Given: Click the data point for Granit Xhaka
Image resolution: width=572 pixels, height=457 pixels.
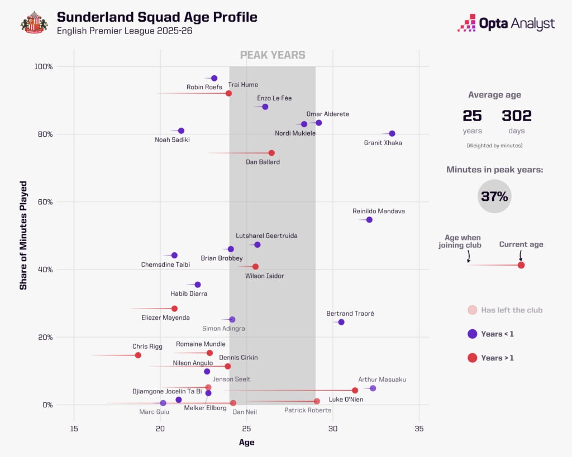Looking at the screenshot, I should [x=392, y=133].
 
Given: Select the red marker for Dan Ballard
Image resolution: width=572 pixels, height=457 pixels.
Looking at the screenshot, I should [x=271, y=153].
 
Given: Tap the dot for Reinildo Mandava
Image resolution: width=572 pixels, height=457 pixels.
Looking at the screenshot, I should [x=369, y=220].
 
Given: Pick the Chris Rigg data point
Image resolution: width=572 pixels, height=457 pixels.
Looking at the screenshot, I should [x=138, y=355].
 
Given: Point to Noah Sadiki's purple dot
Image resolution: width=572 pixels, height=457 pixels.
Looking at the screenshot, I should [x=181, y=131].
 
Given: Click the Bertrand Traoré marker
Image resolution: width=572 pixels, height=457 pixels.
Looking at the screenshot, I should [x=341, y=322].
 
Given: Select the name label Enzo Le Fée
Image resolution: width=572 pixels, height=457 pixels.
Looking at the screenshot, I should [x=274, y=98].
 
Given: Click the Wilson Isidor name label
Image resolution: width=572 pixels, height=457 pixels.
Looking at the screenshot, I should [x=265, y=276].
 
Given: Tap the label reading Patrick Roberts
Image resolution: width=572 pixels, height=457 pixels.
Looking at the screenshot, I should [x=308, y=410].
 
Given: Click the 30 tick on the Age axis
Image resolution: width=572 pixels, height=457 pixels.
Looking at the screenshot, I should [x=333, y=429].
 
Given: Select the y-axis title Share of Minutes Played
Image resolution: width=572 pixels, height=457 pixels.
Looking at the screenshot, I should [x=23, y=235].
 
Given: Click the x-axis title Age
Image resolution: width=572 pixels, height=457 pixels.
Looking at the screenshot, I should [x=246, y=442].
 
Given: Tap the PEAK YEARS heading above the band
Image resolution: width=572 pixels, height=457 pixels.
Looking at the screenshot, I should [x=273, y=55].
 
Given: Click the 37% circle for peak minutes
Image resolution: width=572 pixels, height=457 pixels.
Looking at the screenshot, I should [x=494, y=196].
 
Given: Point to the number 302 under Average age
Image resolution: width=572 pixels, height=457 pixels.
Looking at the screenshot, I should [x=517, y=116].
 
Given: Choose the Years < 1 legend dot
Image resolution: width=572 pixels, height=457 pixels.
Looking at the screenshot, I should [x=472, y=334].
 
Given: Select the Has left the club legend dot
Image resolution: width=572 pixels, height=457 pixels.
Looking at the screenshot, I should [x=472, y=310].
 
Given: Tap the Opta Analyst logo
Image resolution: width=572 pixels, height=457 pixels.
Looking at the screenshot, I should [x=506, y=23].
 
